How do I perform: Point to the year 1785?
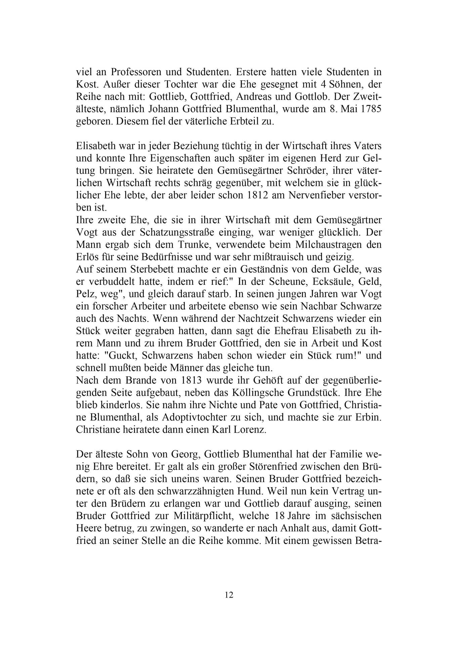369,109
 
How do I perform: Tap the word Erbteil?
239,121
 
